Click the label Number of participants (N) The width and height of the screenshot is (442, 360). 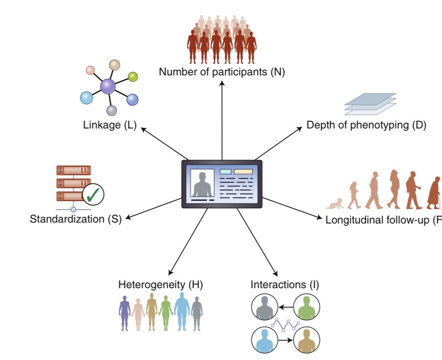pyautogui.click(x=222, y=71)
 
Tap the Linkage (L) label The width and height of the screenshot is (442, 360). pyautogui.click(x=110, y=124)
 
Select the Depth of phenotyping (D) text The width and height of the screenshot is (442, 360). pyautogui.click(x=366, y=125)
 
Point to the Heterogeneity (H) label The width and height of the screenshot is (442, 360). pyautogui.click(x=161, y=285)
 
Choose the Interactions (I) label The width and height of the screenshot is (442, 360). pyautogui.click(x=285, y=285)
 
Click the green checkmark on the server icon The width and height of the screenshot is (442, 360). pyautogui.click(x=94, y=194)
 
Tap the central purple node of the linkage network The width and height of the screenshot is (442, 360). pyautogui.click(x=108, y=86)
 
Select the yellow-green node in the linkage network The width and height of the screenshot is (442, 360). pyautogui.click(x=133, y=77)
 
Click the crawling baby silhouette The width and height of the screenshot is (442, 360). pyautogui.click(x=334, y=204)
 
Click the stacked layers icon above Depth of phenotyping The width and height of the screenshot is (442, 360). pyautogui.click(x=370, y=104)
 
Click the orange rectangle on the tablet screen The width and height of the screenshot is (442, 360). pyautogui.click(x=243, y=172)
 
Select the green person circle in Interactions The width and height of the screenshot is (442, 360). pyautogui.click(x=306, y=307)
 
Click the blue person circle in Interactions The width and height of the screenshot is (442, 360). pyautogui.click(x=264, y=340)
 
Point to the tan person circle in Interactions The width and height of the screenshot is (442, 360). pyautogui.click(x=306, y=340)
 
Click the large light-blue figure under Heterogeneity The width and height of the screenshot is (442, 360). pyautogui.click(x=182, y=311)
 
